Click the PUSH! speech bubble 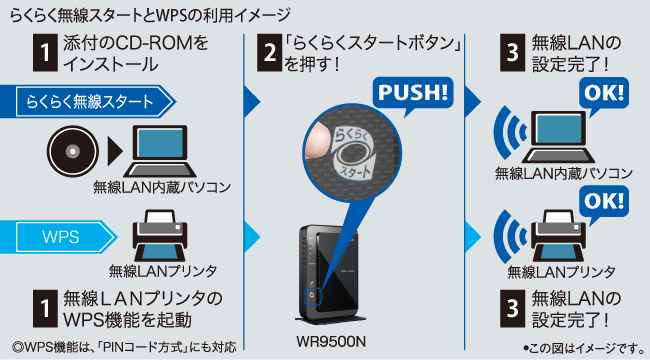413,93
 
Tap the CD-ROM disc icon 73,151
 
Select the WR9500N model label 331,342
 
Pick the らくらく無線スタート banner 88,101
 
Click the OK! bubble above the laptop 604,94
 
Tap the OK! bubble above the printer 604,202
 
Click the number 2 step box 269,52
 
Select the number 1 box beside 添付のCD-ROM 45,52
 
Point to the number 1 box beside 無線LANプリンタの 45,309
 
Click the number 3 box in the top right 512,52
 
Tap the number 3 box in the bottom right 512,309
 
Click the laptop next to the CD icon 160,151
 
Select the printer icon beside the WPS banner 160,235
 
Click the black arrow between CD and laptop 115,151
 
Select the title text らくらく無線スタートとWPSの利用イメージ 150,15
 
